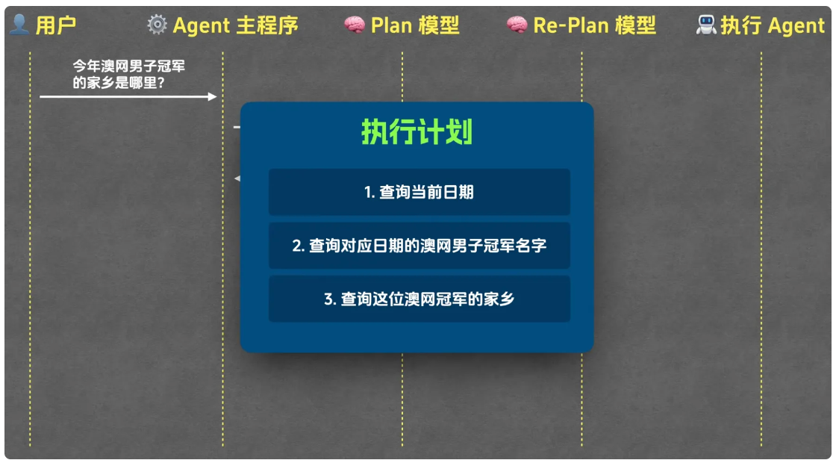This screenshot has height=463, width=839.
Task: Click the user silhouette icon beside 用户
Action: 19,25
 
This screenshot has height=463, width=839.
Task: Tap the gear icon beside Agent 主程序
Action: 157,25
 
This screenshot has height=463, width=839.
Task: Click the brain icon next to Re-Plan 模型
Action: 517,25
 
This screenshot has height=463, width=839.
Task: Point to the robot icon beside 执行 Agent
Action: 705,25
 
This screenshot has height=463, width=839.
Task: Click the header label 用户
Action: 56,25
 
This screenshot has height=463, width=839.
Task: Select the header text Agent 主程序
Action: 235,25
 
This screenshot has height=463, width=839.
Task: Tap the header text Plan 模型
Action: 415,25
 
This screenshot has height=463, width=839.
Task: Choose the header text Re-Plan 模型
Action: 594,25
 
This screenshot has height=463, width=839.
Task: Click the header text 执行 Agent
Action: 773,25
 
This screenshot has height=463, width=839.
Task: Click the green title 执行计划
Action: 417,133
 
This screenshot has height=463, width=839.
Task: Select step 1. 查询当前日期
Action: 419,192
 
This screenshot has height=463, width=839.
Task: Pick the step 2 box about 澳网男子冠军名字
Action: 419,246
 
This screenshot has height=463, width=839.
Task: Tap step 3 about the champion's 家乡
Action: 419,299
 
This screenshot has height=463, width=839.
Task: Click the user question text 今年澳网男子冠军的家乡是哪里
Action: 128,75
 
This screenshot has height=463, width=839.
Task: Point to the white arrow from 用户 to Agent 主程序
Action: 128,96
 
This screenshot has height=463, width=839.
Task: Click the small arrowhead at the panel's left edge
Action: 237,178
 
